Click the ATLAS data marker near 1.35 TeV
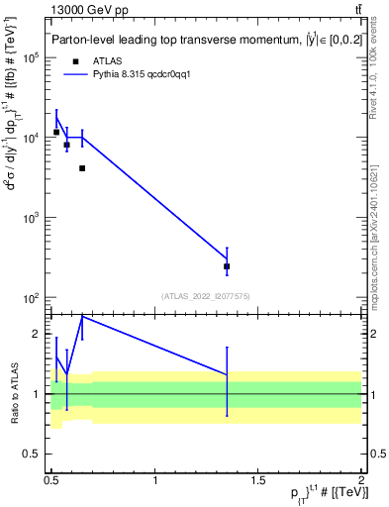(227, 266)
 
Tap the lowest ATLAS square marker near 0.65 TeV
(82, 168)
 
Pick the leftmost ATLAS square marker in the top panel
(56, 132)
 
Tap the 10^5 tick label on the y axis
(33, 57)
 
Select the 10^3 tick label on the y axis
(33, 218)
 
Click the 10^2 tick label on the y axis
(33, 298)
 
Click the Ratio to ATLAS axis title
(14, 393)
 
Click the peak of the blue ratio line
(82, 316)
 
